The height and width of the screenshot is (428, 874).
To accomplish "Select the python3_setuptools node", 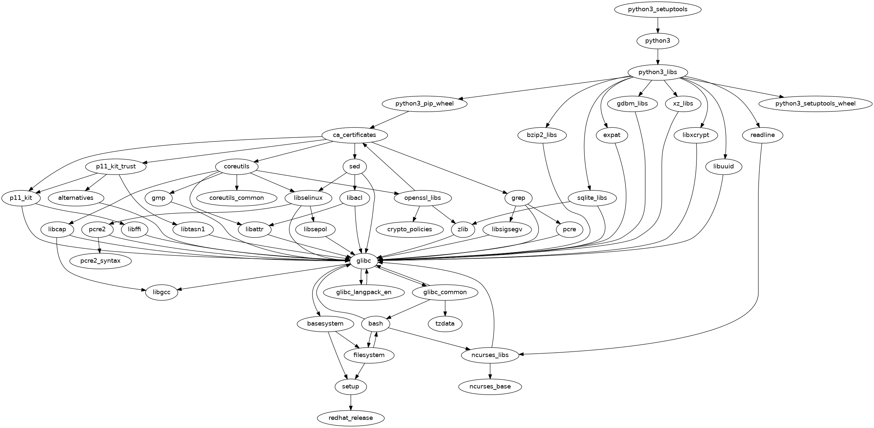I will click(657, 9).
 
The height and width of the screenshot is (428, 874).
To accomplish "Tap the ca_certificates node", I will click(354, 135).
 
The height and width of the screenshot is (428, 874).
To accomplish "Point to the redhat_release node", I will click(351, 418).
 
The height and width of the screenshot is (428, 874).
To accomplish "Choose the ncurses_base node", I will click(490, 386).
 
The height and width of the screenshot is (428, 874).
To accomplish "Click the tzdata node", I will click(445, 324).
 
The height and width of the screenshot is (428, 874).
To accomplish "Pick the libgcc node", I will click(161, 292).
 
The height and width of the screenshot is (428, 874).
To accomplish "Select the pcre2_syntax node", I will click(101, 261).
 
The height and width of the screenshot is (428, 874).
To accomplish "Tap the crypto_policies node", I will click(409, 229).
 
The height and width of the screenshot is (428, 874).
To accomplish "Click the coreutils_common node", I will click(237, 198).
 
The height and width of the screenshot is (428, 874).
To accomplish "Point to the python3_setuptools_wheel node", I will click(815, 103).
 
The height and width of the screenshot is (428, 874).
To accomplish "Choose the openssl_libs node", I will click(423, 198).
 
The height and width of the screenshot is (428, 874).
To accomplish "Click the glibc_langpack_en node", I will click(363, 292).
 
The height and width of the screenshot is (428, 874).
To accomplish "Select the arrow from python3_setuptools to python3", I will click(657, 25).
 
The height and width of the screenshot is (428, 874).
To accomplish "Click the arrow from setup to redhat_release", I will click(351, 402).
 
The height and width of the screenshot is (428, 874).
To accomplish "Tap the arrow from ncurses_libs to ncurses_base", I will click(490, 371).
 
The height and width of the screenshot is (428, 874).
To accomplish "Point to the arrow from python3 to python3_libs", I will click(657, 57).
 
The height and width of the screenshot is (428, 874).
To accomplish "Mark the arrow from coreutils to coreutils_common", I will click(237, 182).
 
